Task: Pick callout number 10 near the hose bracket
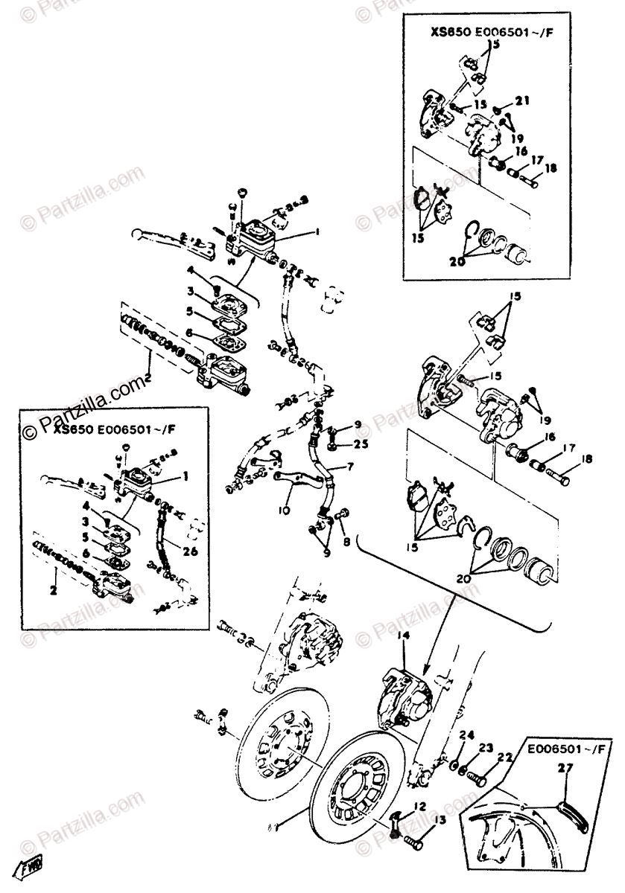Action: click(284, 510)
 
